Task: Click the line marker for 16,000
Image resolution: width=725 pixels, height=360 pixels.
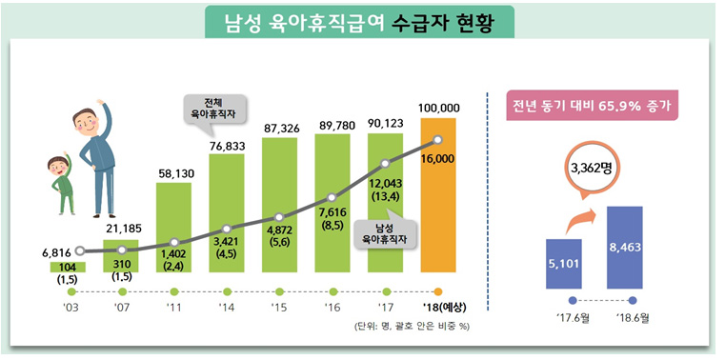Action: coord(437,143)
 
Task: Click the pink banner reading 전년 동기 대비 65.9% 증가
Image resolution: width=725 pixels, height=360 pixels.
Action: coord(593,106)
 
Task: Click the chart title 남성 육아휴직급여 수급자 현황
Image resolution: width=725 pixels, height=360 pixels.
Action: coord(363,21)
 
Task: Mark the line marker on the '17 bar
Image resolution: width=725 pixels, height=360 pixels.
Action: coord(385,164)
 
